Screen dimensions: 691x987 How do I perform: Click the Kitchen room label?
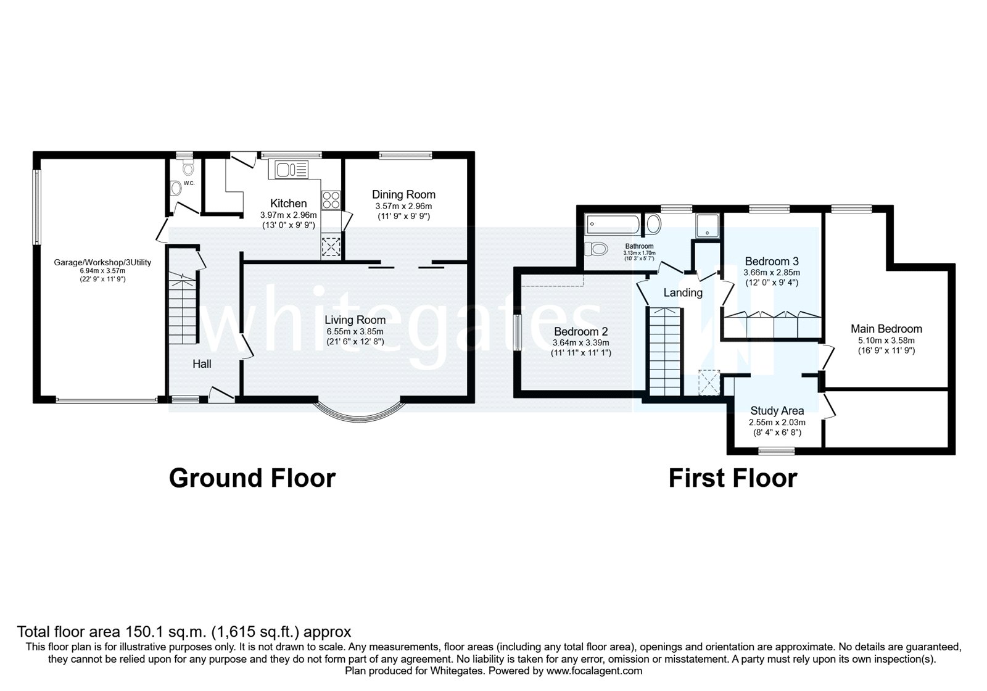tap(288, 204)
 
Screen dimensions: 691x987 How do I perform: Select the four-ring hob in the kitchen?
tap(331, 200)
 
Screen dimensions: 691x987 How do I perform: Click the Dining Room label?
tap(403, 194)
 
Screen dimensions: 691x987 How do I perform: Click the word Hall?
tap(202, 364)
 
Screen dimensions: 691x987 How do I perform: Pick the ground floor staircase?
tap(183, 308)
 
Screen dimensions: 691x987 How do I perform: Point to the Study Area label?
tap(777, 411)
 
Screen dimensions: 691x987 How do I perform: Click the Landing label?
tap(683, 292)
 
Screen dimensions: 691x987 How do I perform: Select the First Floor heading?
tap(732, 478)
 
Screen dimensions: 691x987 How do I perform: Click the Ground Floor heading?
tap(252, 478)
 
